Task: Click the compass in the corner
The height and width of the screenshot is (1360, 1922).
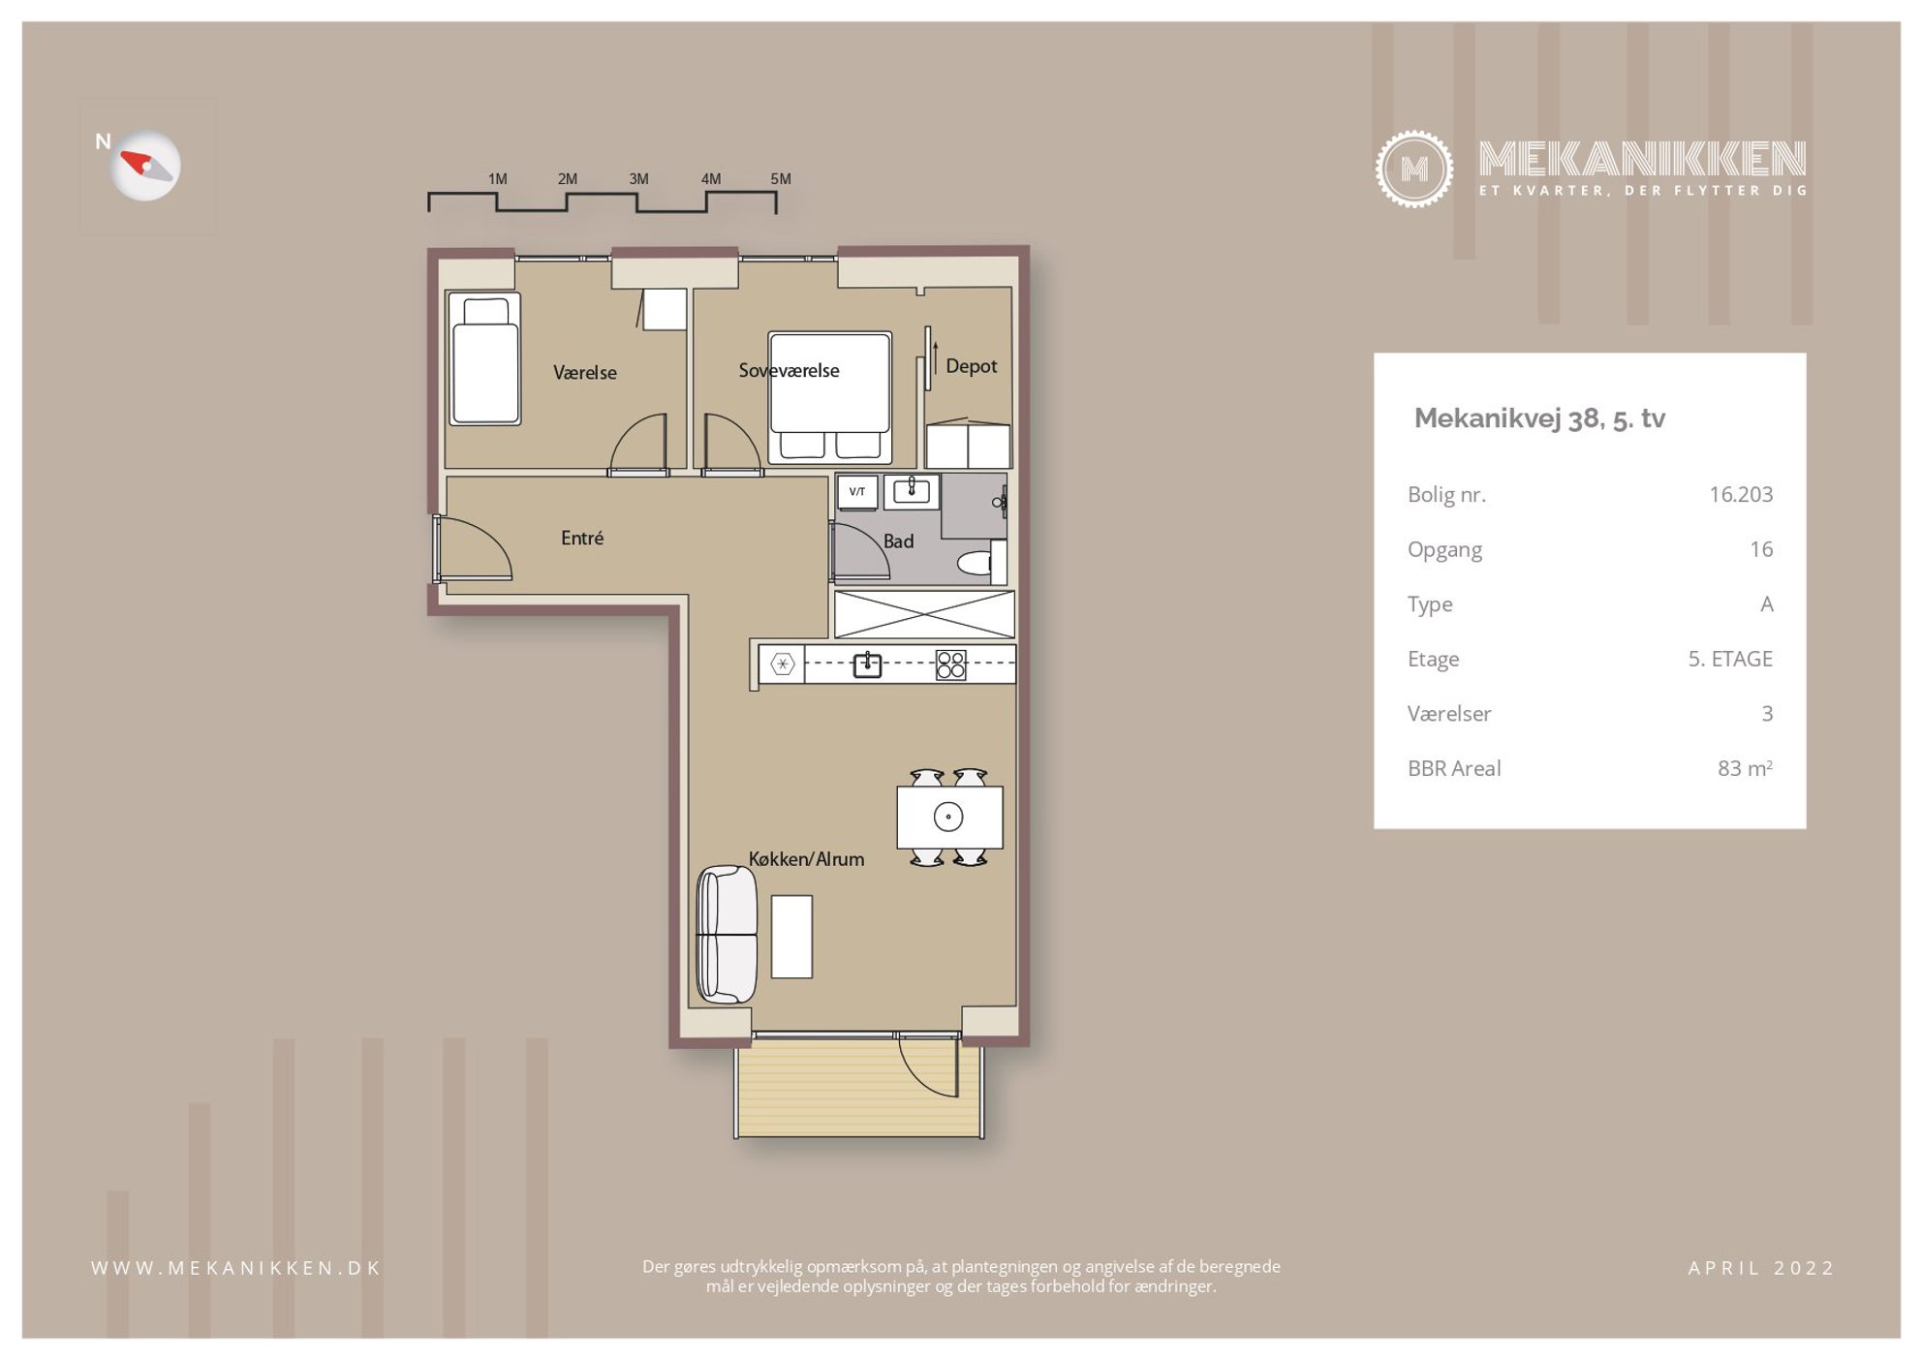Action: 145,166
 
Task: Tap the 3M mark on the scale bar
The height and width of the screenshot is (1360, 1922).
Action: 638,179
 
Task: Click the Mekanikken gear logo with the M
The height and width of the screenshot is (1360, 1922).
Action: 1413,169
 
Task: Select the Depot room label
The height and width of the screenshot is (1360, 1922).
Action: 971,366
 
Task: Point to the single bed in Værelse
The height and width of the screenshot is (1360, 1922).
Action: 484,358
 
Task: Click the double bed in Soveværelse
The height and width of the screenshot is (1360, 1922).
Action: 829,396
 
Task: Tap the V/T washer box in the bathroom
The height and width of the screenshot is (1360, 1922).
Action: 857,492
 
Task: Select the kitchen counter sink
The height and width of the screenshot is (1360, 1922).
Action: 867,665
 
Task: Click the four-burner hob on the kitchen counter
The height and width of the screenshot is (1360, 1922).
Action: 951,665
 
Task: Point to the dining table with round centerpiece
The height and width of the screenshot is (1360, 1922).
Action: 949,817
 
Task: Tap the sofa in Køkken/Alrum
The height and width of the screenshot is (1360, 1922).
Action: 727,934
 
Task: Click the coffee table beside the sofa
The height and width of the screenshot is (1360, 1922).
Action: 791,936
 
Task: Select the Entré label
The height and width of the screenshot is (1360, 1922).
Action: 582,538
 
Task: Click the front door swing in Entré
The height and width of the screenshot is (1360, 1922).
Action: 476,548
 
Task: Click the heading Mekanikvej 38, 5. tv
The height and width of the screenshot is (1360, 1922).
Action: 1539,418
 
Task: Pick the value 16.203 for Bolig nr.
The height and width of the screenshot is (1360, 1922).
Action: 1741,494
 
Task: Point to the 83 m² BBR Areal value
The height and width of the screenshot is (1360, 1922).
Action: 1745,768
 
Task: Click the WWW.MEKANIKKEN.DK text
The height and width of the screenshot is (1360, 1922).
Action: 236,1268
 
